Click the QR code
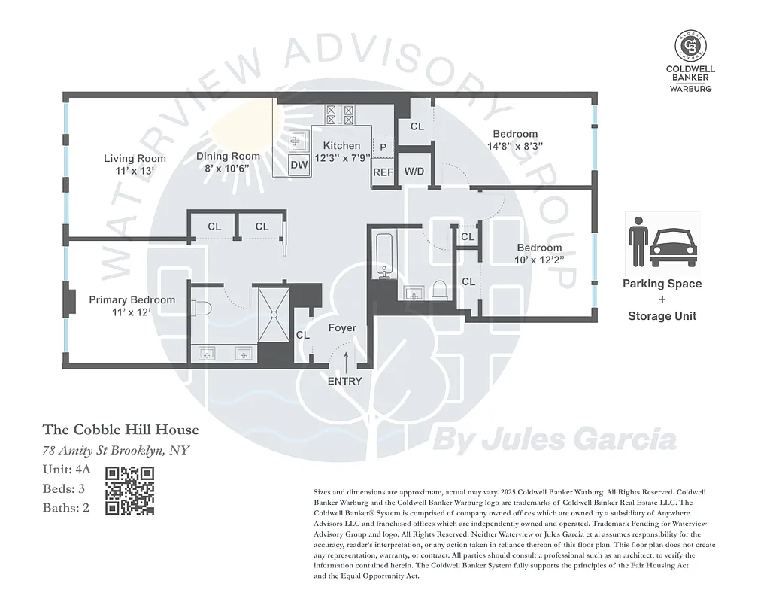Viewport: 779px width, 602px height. coord(129,491)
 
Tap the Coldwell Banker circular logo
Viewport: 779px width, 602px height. coord(690,46)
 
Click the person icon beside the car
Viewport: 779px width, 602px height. coord(638,242)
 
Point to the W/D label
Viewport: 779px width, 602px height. coord(414,172)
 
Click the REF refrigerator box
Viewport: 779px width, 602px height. coord(383,172)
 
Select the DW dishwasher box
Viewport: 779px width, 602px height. coord(299,165)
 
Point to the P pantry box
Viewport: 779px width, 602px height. coord(383,147)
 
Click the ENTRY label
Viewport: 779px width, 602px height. coord(344,381)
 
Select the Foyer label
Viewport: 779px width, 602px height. coord(342,328)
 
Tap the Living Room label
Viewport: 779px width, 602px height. coord(135,158)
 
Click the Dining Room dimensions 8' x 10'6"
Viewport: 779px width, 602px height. coord(228,169)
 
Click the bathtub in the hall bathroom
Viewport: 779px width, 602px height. coord(383,256)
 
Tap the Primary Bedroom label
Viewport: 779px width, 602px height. coord(132,299)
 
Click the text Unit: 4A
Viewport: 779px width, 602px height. coord(67,470)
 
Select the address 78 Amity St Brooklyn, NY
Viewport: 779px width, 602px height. coord(116,450)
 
